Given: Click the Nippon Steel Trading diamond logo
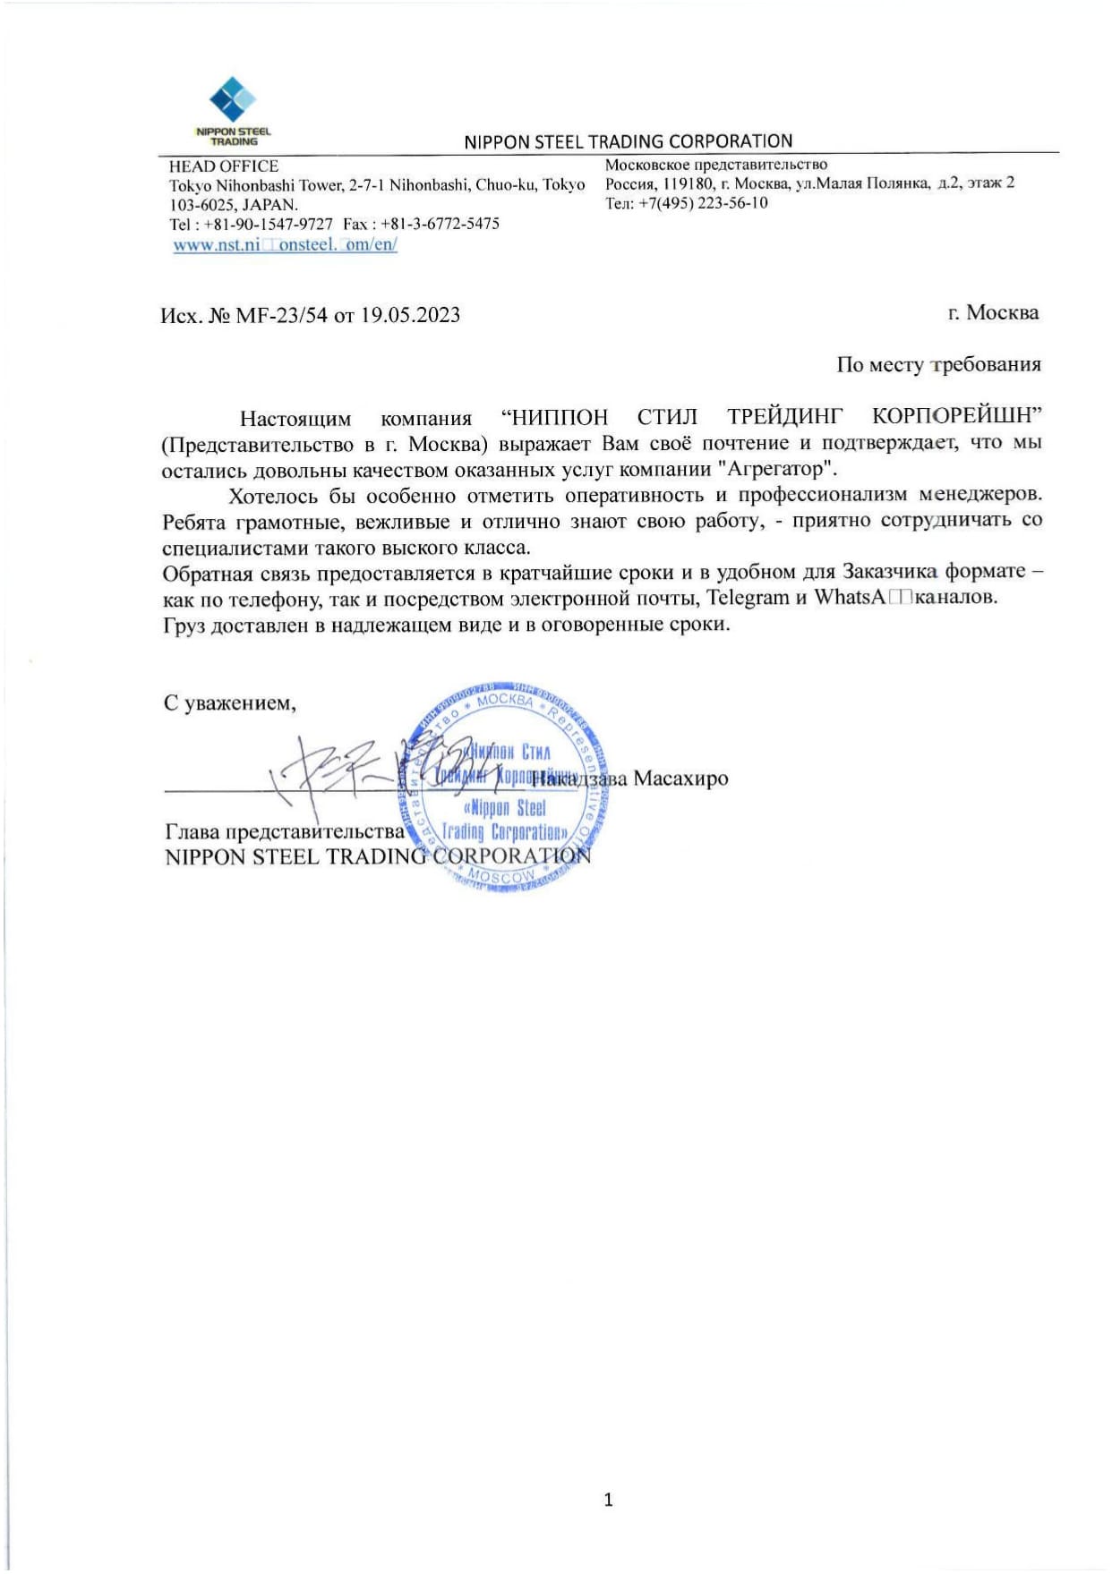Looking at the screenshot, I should [232, 99].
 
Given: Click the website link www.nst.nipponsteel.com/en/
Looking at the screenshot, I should [285, 244].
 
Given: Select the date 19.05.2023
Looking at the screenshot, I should [410, 315].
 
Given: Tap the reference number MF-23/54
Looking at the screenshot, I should [281, 315].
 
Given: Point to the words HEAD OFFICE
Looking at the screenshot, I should [224, 166].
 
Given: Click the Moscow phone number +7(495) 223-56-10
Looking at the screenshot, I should [703, 203].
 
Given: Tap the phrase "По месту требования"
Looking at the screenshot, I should [938, 364].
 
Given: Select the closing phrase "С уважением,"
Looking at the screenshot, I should [229, 703].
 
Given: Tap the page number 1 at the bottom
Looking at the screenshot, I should [609, 1499].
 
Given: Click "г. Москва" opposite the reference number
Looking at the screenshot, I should [993, 313].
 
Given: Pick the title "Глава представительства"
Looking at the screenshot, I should [285, 831].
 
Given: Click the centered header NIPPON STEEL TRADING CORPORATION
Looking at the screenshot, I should [628, 141].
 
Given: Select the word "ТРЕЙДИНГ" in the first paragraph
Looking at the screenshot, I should [784, 417].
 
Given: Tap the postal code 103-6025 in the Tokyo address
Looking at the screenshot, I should [203, 205].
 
